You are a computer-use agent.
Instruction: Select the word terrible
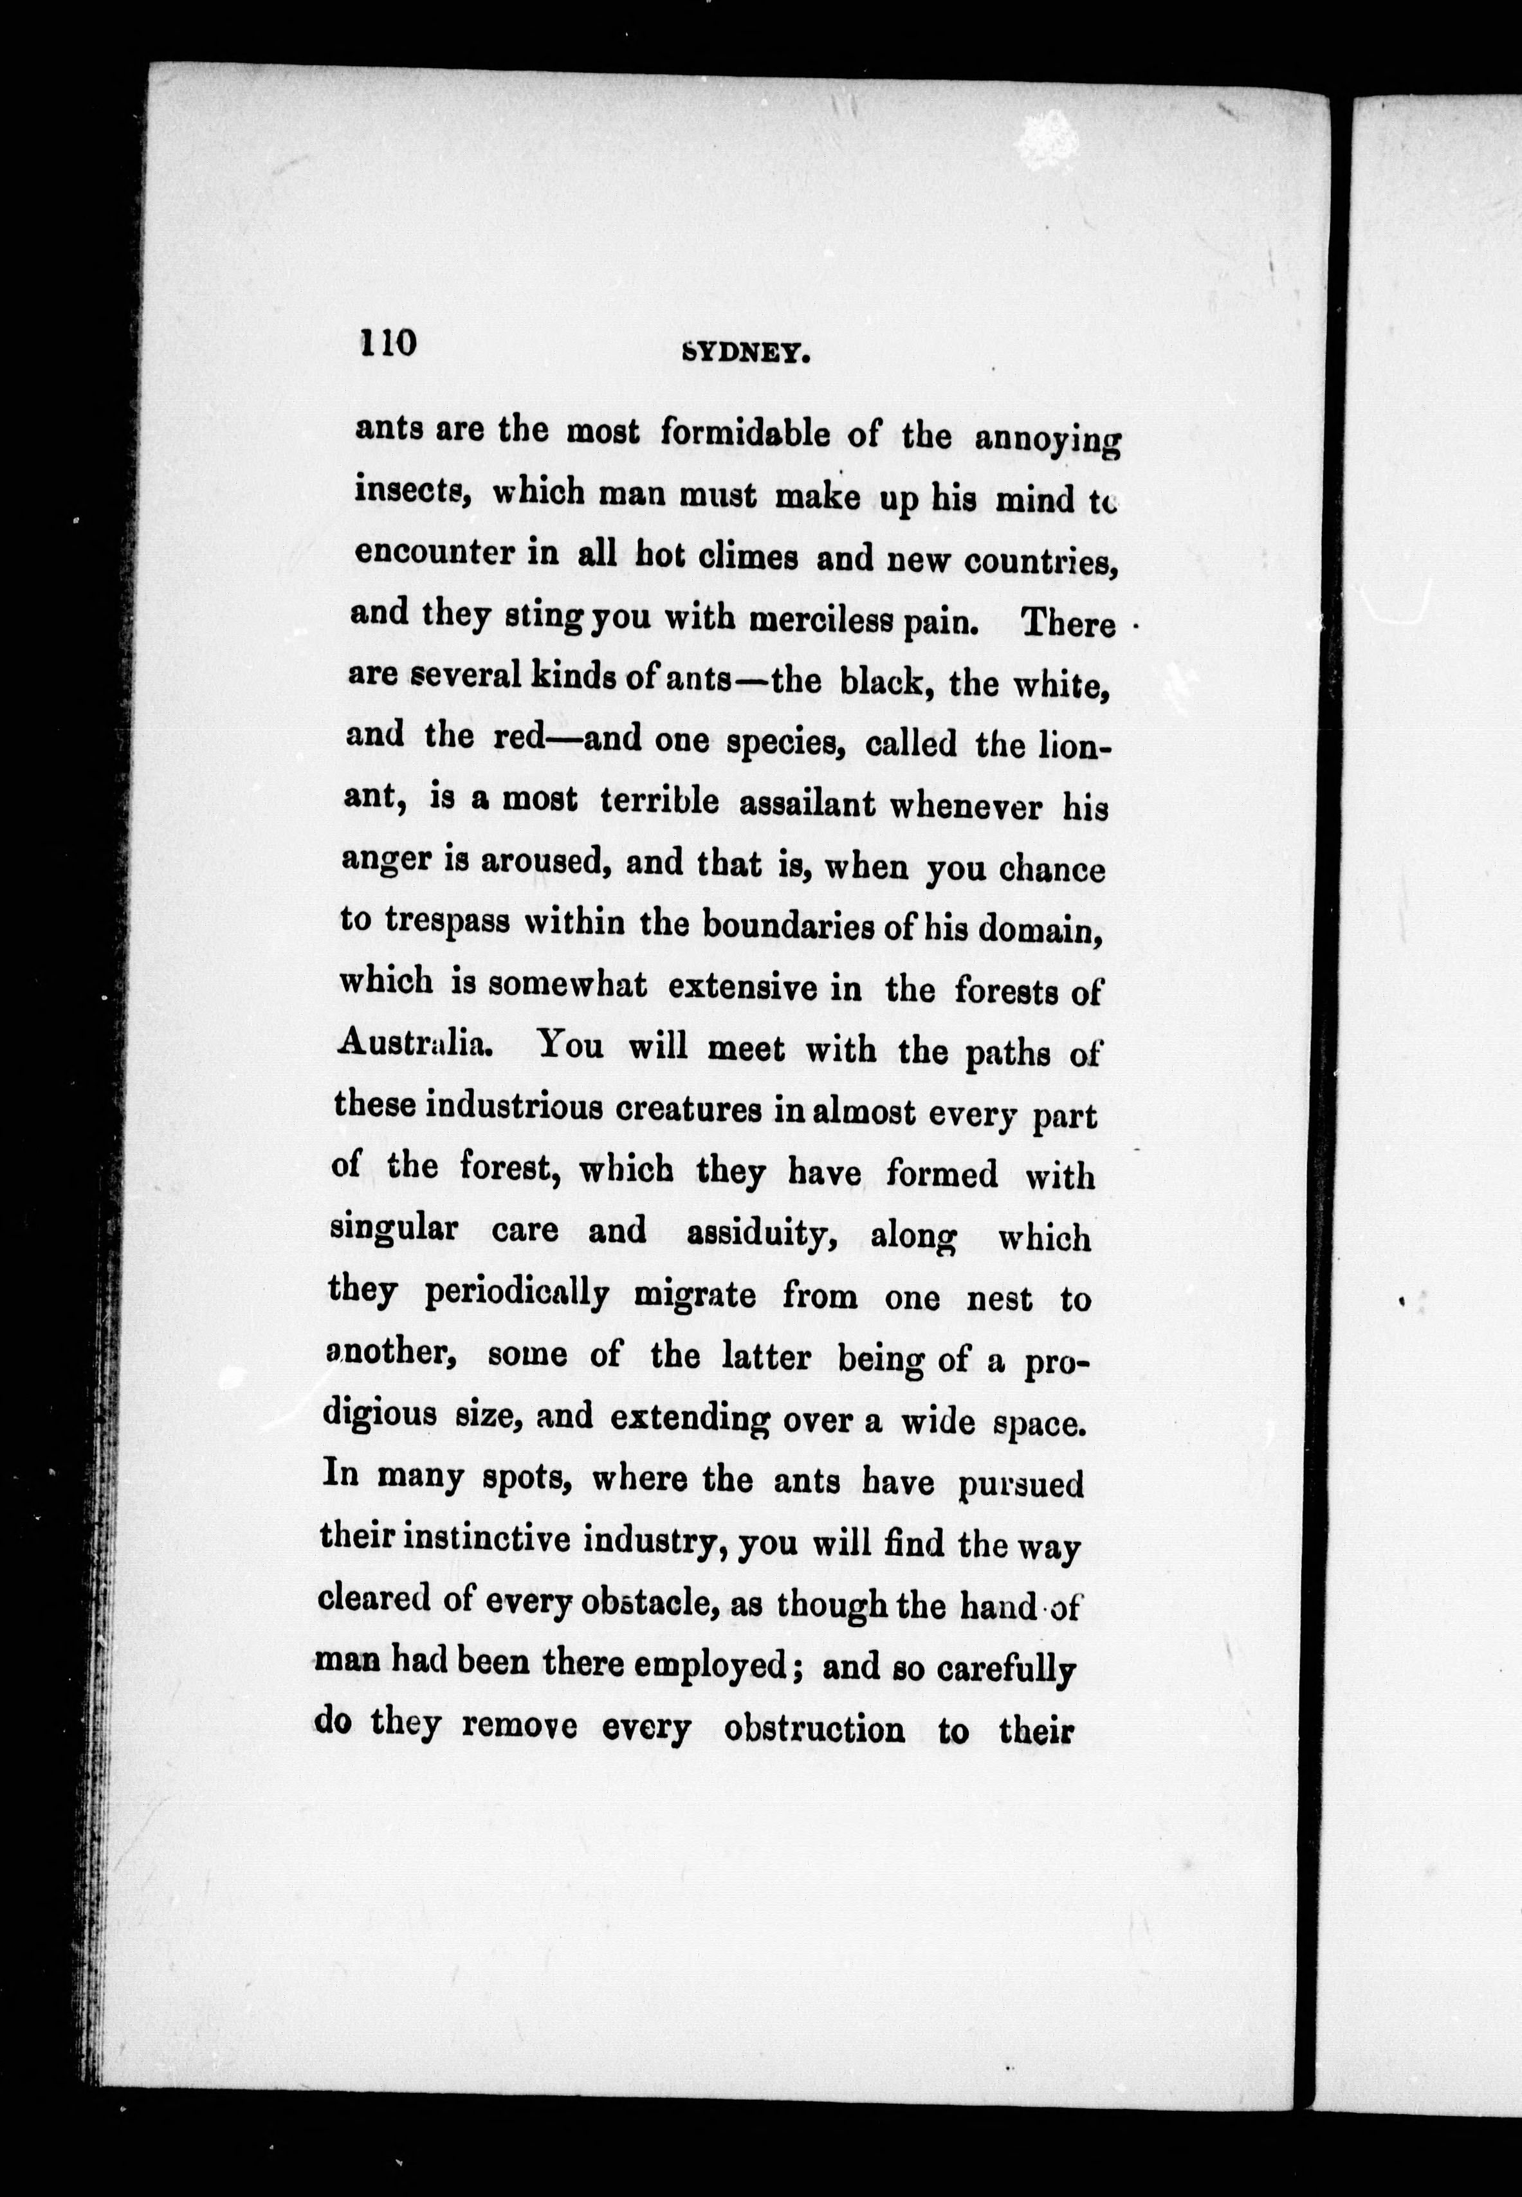[659, 801]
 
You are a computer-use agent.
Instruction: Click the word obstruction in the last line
[814, 1727]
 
